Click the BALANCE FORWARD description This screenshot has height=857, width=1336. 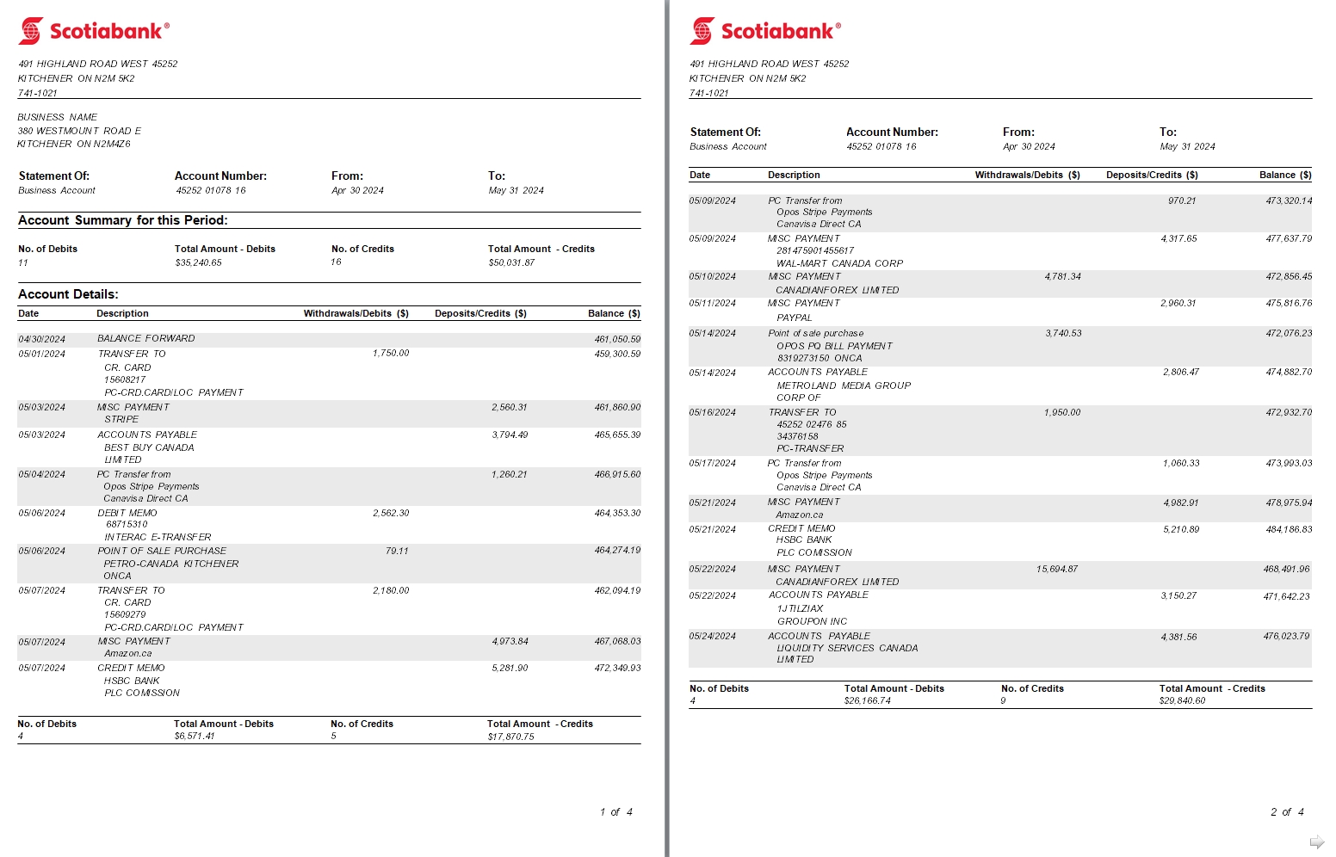[145, 339]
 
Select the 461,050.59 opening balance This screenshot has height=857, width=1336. [617, 340]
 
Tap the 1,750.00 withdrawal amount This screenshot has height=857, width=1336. [391, 354]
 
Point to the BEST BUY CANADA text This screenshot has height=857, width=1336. [149, 447]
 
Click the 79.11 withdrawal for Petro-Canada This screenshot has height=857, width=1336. [397, 551]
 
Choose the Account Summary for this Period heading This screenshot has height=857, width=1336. [123, 220]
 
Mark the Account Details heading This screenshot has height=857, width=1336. [68, 294]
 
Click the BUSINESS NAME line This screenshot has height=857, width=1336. [58, 117]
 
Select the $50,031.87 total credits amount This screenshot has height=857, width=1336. [511, 263]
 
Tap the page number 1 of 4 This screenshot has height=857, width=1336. [615, 812]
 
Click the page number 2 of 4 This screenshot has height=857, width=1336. [1287, 812]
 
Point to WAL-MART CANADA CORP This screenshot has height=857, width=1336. [839, 263]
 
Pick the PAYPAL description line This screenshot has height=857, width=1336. [794, 318]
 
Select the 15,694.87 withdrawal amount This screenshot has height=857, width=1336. [1057, 570]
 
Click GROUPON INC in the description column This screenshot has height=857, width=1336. [812, 621]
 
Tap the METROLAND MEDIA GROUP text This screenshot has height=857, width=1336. [843, 385]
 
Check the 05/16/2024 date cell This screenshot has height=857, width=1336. [712, 413]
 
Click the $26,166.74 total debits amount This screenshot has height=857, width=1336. [867, 701]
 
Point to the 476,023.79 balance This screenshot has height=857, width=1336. [1287, 637]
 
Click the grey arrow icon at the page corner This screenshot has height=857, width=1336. [1316, 842]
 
